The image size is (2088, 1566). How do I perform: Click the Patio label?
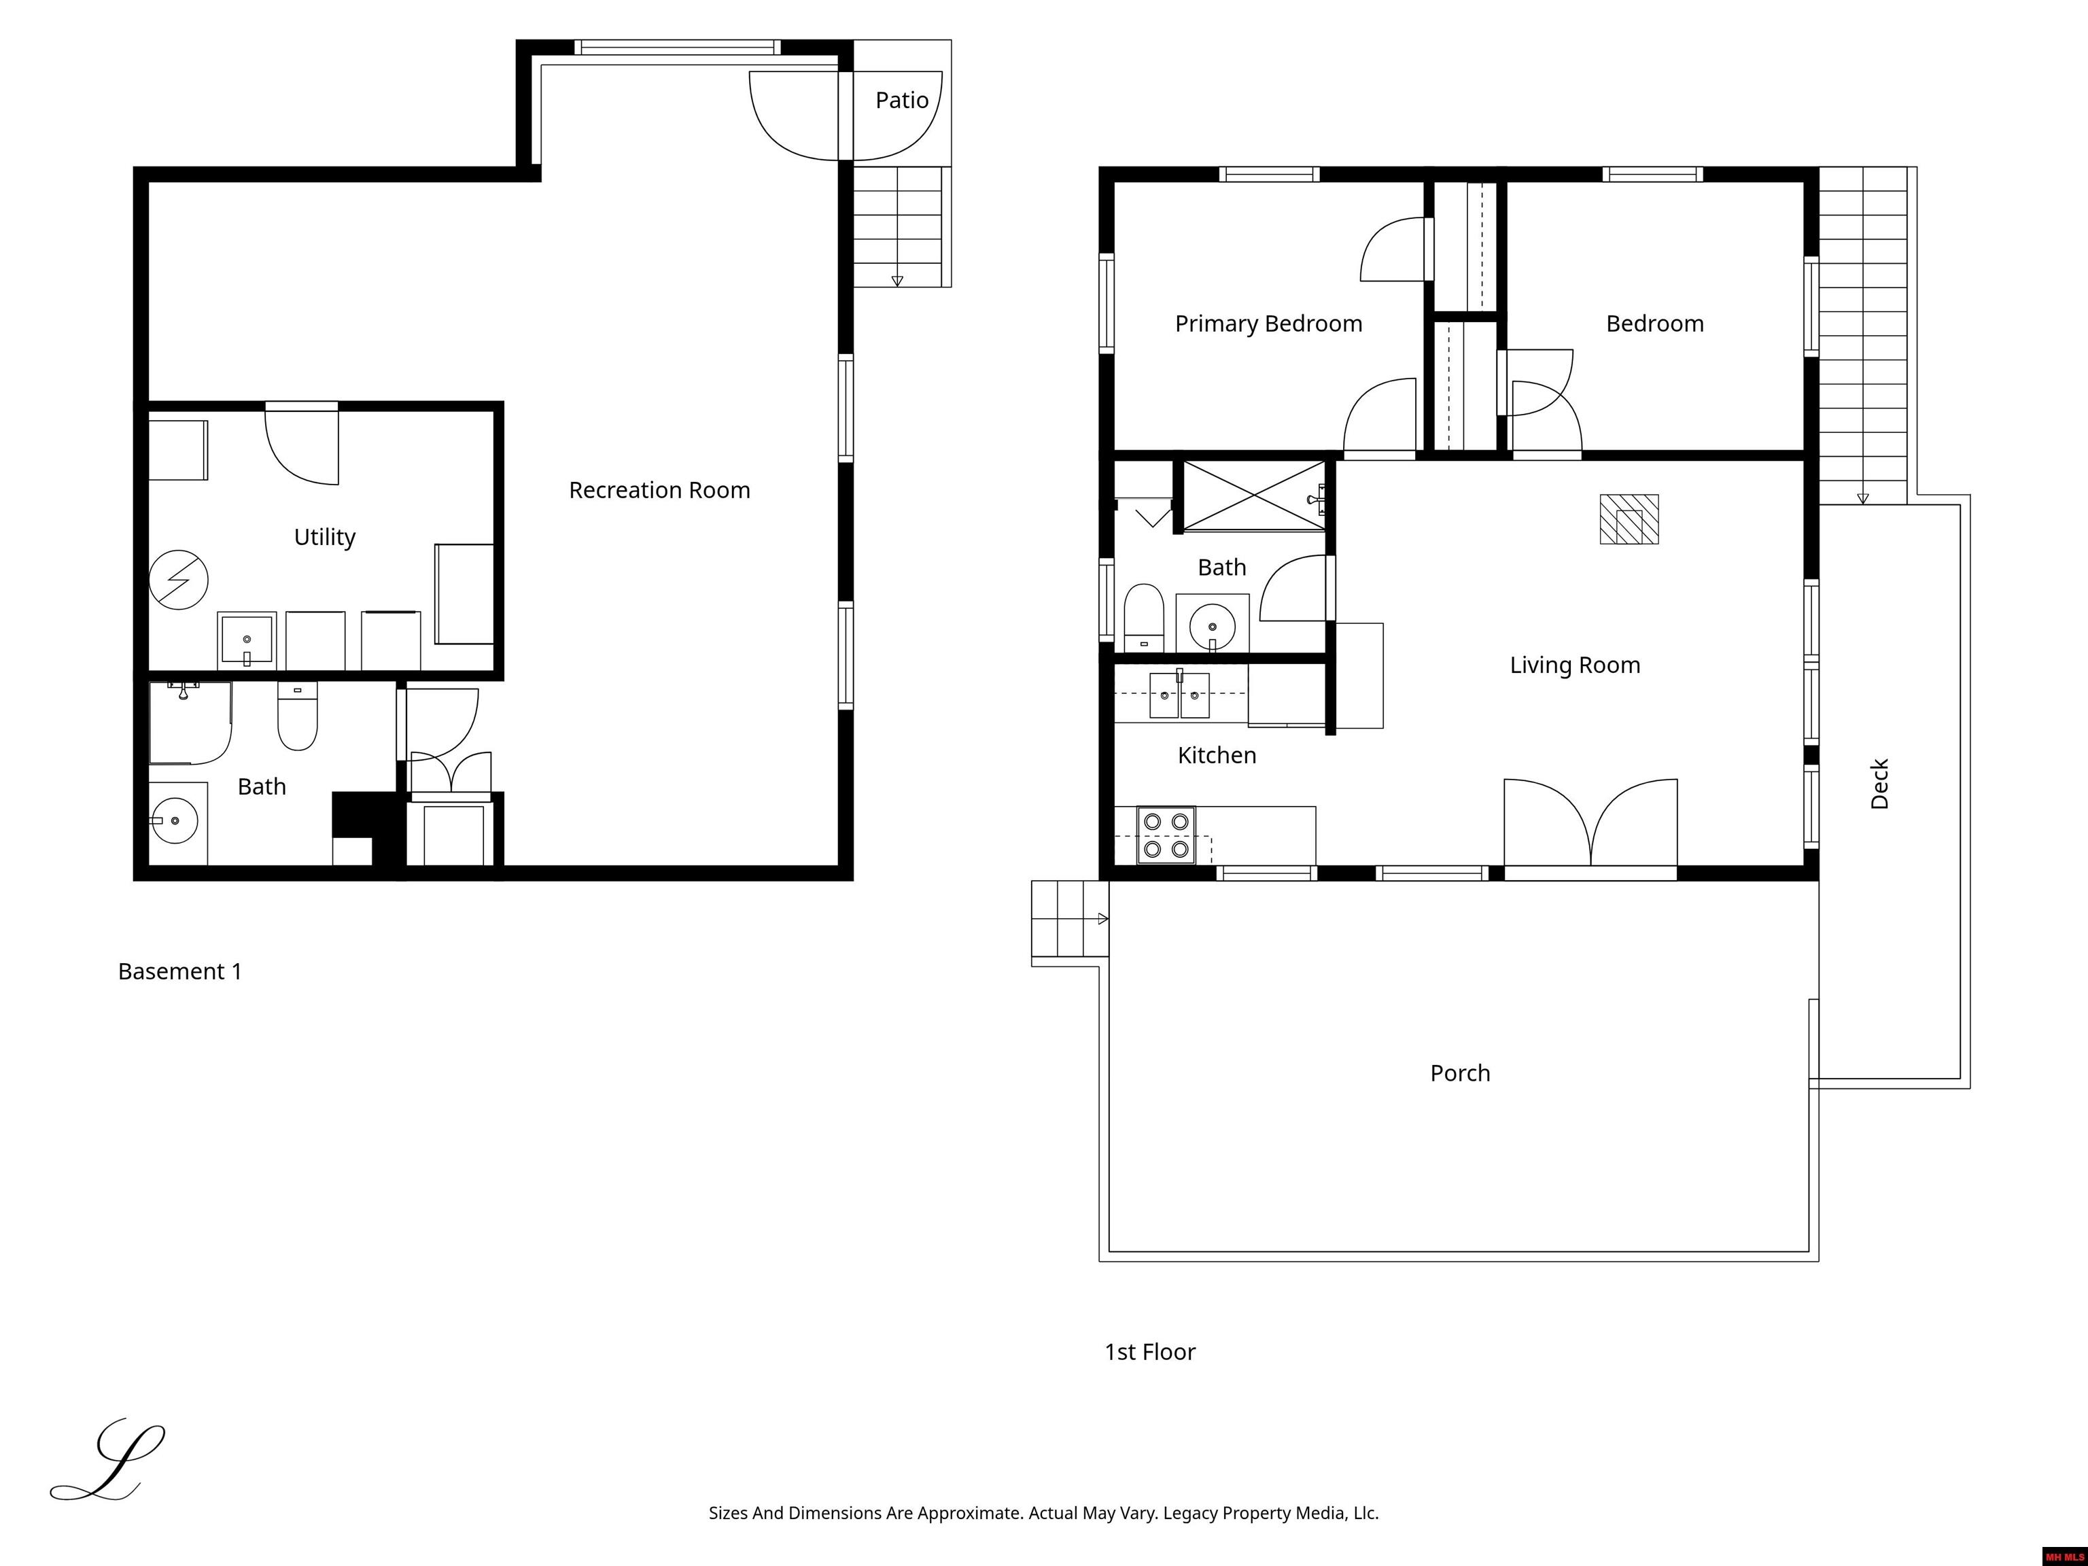click(901, 100)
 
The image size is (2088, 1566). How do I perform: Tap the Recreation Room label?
click(659, 490)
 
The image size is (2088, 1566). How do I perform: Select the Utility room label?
click(325, 537)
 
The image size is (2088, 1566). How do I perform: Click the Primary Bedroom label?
click(1269, 324)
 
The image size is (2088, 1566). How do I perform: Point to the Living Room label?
click(1574, 665)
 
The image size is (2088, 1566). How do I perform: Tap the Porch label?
click(1459, 1073)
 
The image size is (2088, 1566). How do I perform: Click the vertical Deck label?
click(1879, 784)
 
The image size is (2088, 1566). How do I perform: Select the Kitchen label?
click(1217, 755)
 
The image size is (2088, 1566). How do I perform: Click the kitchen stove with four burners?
click(1166, 835)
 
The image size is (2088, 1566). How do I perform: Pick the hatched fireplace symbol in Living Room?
click(1629, 519)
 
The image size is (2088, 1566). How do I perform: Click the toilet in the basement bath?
click(297, 716)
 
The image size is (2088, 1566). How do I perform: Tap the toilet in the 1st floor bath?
click(1144, 617)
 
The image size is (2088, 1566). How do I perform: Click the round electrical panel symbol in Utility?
click(178, 580)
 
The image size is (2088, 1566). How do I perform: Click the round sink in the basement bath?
click(174, 821)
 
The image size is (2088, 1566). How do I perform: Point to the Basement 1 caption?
click(179, 971)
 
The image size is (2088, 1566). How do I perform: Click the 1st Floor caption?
click(1150, 1352)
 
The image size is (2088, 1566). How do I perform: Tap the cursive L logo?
click(107, 1459)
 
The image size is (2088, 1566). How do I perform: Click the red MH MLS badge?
click(2064, 1556)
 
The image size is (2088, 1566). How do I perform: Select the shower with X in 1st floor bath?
click(1253, 495)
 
